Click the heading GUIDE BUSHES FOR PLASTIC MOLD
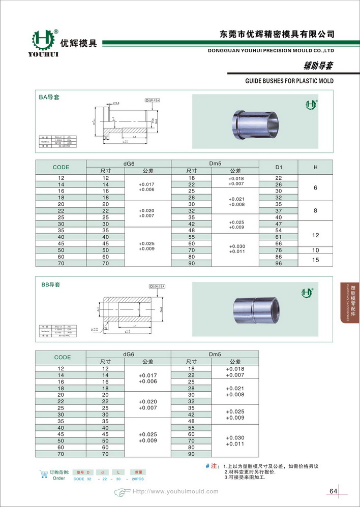(289, 81)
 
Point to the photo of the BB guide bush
(257, 309)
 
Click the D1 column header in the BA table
(278, 167)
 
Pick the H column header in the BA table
(315, 167)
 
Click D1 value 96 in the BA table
(278, 263)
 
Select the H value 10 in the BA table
(315, 250)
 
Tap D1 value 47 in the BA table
(278, 224)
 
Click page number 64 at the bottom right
(334, 491)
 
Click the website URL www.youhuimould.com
(175, 491)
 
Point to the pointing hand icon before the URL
(122, 492)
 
